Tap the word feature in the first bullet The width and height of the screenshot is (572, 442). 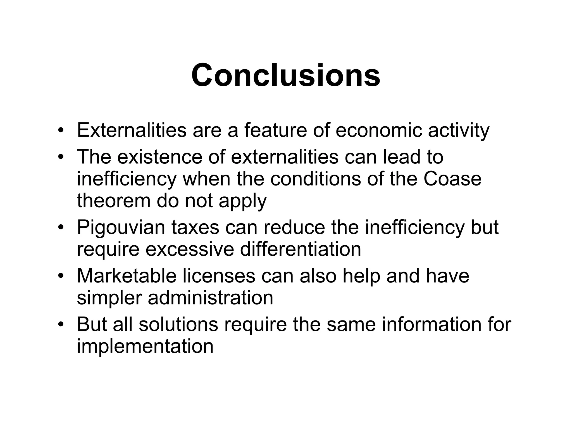pyautogui.click(x=275, y=130)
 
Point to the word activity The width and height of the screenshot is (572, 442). pyautogui.click(x=459, y=131)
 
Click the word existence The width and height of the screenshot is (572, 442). pyautogui.click(x=159, y=157)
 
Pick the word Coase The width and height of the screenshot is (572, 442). pyautogui.click(x=452, y=179)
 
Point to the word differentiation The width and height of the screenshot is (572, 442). pyautogui.click(x=301, y=249)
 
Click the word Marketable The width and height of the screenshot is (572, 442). pyautogui.click(x=127, y=276)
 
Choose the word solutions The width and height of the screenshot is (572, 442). pyautogui.click(x=178, y=324)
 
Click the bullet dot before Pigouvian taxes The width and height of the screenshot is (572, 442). pyautogui.click(x=61, y=227)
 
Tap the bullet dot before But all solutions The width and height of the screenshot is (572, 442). pyautogui.click(x=61, y=324)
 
